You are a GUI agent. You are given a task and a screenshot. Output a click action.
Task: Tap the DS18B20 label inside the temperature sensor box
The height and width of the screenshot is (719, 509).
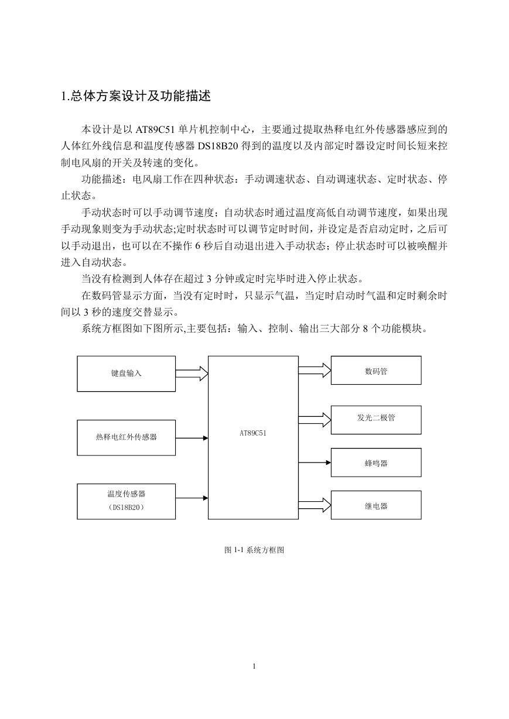[x=126, y=508]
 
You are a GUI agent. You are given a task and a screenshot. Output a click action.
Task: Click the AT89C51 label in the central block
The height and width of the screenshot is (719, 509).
[x=253, y=433]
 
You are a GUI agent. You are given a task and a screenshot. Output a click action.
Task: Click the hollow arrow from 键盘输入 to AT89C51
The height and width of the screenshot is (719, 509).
[x=192, y=374]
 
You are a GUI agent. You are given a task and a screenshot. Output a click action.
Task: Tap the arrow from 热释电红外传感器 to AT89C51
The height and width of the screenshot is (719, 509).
[x=192, y=438]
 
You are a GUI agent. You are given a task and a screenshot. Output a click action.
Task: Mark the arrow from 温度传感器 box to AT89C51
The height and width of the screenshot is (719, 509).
[x=192, y=498]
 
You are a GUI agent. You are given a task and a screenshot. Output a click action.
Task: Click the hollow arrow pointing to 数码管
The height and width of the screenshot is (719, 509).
[x=315, y=370]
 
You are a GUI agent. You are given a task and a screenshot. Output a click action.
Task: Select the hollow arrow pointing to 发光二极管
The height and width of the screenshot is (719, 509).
[x=315, y=420]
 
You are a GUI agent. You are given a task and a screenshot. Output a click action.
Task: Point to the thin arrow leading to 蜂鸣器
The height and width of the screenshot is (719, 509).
[x=315, y=463]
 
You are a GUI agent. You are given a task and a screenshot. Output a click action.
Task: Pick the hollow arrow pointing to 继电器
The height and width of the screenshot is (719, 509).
[x=315, y=505]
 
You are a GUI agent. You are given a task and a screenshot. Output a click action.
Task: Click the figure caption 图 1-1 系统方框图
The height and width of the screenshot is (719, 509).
[x=254, y=550]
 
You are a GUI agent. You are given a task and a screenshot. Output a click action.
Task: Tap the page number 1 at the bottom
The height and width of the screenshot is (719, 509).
[x=254, y=666]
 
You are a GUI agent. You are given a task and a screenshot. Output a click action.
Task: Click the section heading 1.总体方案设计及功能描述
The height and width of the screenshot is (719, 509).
[x=136, y=96]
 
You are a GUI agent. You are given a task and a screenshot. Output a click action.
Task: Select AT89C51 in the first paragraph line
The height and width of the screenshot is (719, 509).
[x=155, y=129]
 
